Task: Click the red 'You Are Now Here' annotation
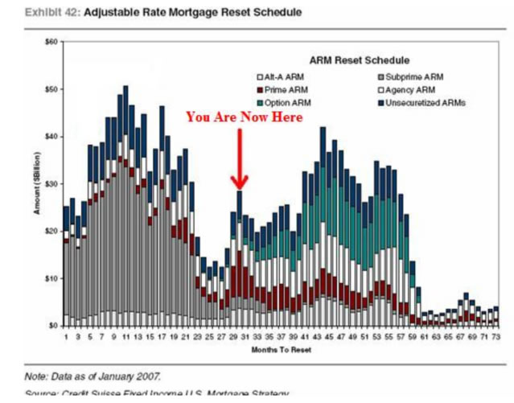coord(245,117)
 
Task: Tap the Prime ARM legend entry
coord(283,90)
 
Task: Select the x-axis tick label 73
coord(496,337)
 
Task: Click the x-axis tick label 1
coord(66,337)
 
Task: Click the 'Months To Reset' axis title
coord(282,349)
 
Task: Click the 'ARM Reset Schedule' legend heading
coord(359,60)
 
